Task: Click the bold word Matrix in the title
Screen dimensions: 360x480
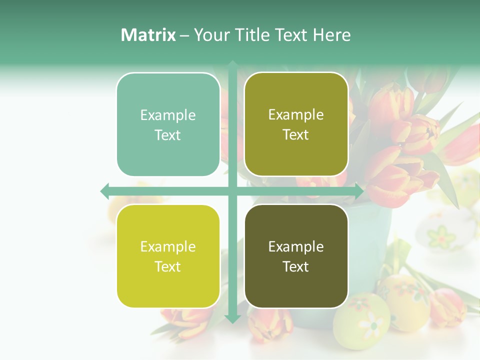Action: click(x=148, y=35)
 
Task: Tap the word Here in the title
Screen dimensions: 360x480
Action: click(x=331, y=35)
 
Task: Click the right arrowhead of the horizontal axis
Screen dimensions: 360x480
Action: click(x=358, y=191)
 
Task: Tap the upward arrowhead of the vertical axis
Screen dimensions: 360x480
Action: click(x=232, y=64)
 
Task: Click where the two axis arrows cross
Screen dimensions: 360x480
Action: click(x=232, y=191)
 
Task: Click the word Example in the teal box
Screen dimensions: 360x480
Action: click(x=168, y=115)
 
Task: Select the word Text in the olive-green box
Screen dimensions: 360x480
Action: click(x=296, y=135)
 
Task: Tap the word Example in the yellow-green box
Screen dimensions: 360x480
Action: click(x=168, y=246)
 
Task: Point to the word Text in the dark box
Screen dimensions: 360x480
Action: click(x=296, y=267)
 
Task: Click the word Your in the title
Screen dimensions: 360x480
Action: click(x=211, y=35)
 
